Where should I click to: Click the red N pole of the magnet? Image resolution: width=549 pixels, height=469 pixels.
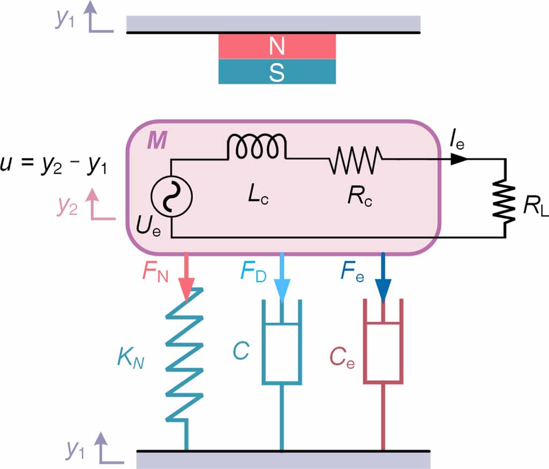[277, 47]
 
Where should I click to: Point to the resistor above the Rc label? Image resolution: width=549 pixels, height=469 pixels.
[355, 159]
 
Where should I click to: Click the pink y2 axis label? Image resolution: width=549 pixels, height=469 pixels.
[68, 206]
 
